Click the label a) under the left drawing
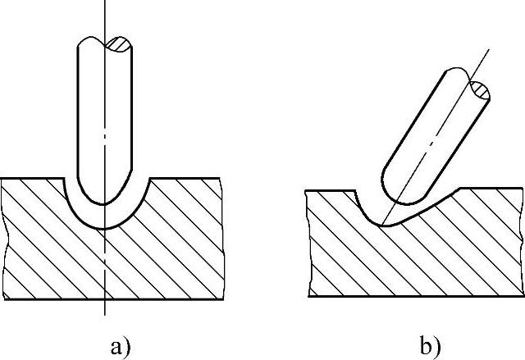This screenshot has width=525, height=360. (119, 346)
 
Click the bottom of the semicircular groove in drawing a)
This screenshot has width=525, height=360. (104, 227)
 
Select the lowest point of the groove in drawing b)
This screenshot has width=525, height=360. (381, 224)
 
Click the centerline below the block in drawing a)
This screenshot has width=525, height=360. (104, 305)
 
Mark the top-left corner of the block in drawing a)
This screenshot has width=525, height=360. (3, 179)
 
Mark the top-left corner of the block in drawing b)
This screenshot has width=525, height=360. (307, 190)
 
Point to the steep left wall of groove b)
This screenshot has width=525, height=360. (366, 206)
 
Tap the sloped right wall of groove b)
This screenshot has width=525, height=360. (431, 205)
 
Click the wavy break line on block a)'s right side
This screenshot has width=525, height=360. (222, 238)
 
